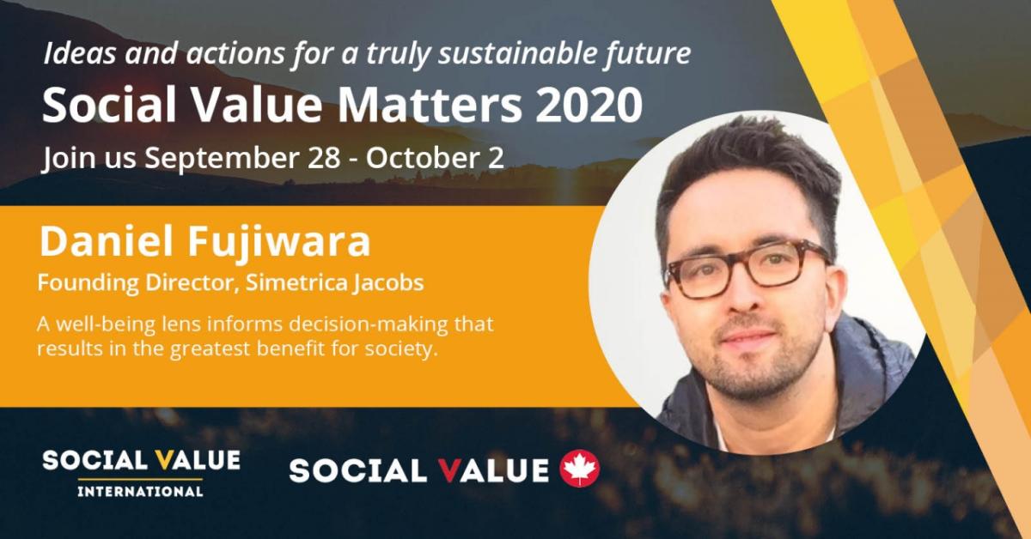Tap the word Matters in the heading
pyautogui.click(x=430, y=105)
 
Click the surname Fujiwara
pyautogui.click(x=279, y=242)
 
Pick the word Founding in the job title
pyautogui.click(x=88, y=283)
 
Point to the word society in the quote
pyautogui.click(x=400, y=348)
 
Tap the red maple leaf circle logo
pyautogui.click(x=579, y=468)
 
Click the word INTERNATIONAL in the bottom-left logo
pyautogui.click(x=140, y=491)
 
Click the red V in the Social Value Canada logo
pyautogui.click(x=450, y=470)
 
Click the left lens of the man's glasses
pyautogui.click(x=703, y=278)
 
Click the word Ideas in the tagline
pyautogui.click(x=79, y=53)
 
